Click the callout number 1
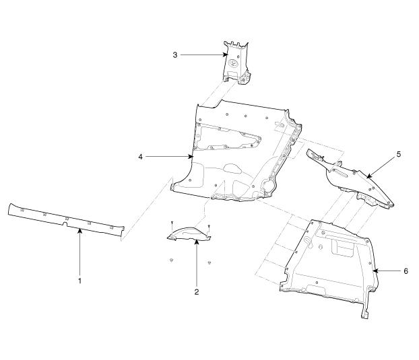coord(79,281)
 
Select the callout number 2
coord(197,292)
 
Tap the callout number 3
coord(175,55)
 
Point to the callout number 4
coord(141,157)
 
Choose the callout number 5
coord(399,154)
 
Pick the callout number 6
coord(406,271)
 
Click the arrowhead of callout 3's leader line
coord(226,55)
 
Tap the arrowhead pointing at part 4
coord(191,157)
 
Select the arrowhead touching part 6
coord(375,271)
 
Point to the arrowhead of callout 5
coord(368,176)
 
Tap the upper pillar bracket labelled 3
coord(236,63)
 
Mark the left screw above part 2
coord(172,225)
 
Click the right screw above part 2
coord(209,228)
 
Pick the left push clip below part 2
coord(171,260)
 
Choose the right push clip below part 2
coord(209,262)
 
